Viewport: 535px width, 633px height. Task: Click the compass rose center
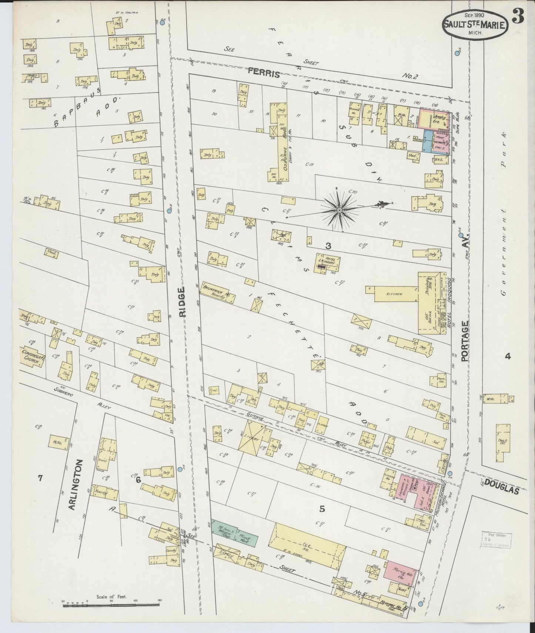[x=339, y=210]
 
